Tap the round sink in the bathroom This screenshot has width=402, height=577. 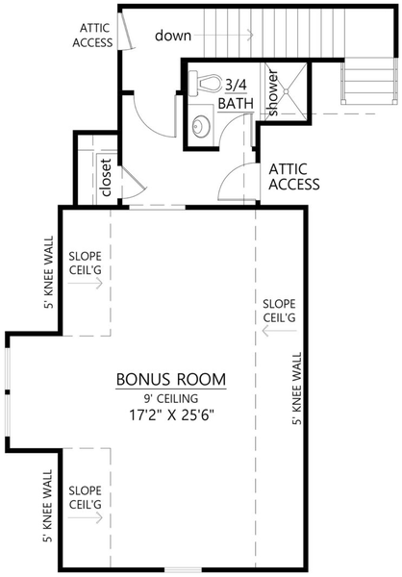[199, 125]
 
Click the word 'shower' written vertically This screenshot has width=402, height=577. [272, 93]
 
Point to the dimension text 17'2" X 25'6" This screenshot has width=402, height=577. [171, 415]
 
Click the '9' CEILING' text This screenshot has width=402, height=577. [171, 398]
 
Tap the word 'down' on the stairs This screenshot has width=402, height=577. [173, 35]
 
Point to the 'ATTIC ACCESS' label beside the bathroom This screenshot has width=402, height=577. [294, 176]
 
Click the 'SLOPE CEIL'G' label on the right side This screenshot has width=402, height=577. [279, 310]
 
